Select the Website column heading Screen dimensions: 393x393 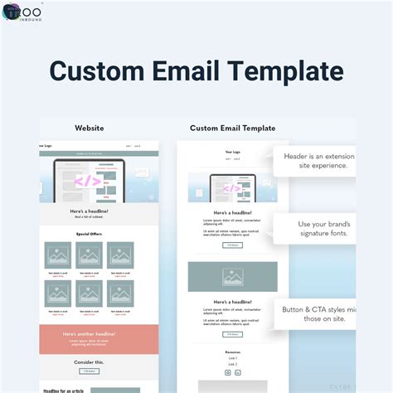[x=90, y=129]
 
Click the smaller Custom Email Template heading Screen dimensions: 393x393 [x=233, y=129]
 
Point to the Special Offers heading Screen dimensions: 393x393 [x=89, y=235]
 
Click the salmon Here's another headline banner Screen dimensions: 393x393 [x=89, y=337]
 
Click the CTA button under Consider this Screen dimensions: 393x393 [x=89, y=371]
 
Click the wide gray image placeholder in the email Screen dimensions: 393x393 [x=233, y=277]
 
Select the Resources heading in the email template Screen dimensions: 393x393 [x=233, y=352]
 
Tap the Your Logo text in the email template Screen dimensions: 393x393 [x=233, y=152]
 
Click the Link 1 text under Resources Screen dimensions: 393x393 [x=233, y=357]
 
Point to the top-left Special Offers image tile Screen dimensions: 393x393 [x=58, y=255]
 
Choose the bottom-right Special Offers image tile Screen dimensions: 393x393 [x=120, y=294]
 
